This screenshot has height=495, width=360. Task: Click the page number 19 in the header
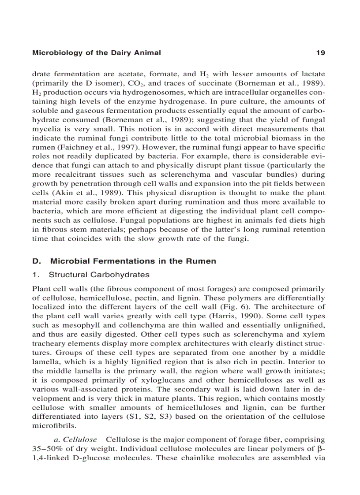coord(321,53)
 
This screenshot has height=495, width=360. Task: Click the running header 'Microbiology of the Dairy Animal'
coord(97,53)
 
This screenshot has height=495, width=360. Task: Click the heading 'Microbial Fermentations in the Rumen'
coord(133,261)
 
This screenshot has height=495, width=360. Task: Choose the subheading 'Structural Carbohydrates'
coord(99,275)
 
